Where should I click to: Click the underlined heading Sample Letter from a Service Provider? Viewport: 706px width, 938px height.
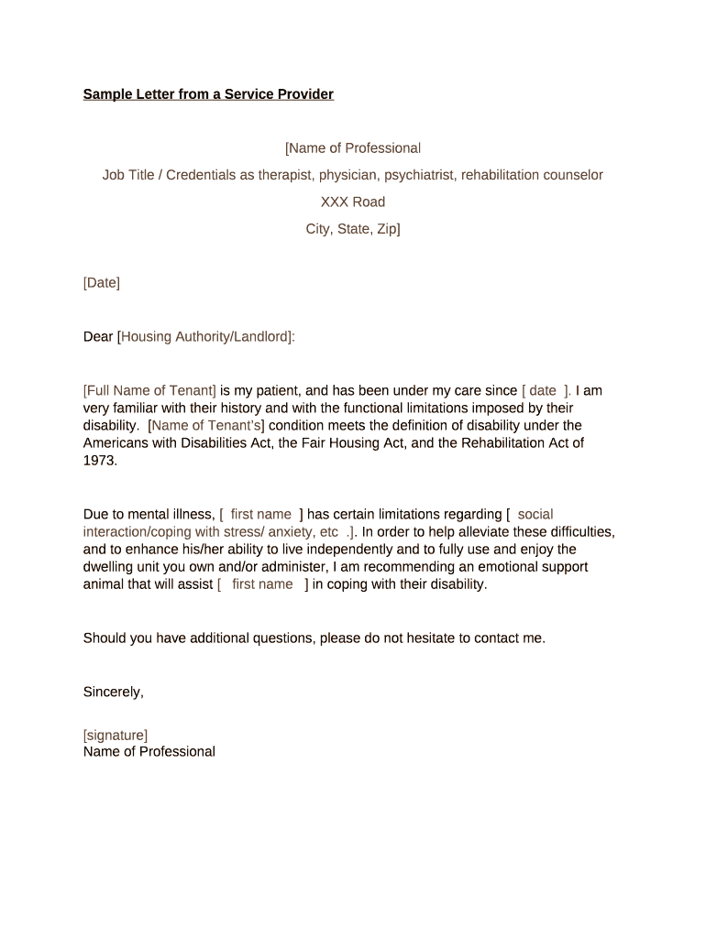click(x=208, y=94)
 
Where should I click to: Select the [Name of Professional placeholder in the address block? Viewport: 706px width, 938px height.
click(x=353, y=148)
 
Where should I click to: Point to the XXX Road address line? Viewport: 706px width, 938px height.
click(x=353, y=202)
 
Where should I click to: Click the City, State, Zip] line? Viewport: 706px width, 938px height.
click(x=353, y=229)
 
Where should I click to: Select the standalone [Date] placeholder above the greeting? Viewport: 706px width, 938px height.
click(x=102, y=283)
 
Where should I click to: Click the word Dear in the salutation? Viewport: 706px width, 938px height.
click(x=98, y=337)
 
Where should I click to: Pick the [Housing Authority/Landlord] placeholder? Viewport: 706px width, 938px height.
click(x=205, y=337)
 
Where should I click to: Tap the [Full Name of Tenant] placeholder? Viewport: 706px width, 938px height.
click(x=149, y=390)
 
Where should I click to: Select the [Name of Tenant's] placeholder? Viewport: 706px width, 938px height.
click(x=206, y=425)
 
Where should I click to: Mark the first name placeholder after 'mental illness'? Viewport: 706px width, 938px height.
click(x=261, y=515)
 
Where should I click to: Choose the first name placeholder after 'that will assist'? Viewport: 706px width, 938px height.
click(x=262, y=584)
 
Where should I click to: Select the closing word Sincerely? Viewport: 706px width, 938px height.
click(x=113, y=693)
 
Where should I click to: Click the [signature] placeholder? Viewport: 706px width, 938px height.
click(x=116, y=735)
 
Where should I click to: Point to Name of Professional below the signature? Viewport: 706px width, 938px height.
click(x=149, y=752)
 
